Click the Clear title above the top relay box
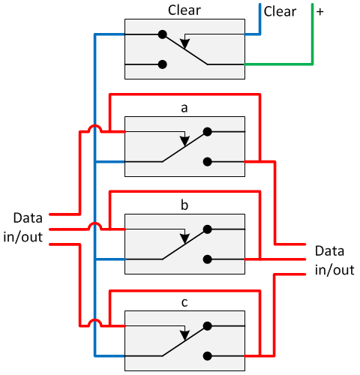(x=184, y=11)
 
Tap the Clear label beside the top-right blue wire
(x=280, y=12)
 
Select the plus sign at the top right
(x=319, y=12)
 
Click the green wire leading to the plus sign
(x=310, y=45)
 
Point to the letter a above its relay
(x=184, y=108)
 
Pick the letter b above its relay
(x=184, y=205)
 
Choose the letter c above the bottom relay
(x=184, y=303)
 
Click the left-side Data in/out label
(x=28, y=228)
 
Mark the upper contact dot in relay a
(x=207, y=131)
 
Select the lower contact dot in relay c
(x=207, y=356)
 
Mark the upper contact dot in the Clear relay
(x=162, y=34)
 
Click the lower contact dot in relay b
(x=207, y=259)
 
